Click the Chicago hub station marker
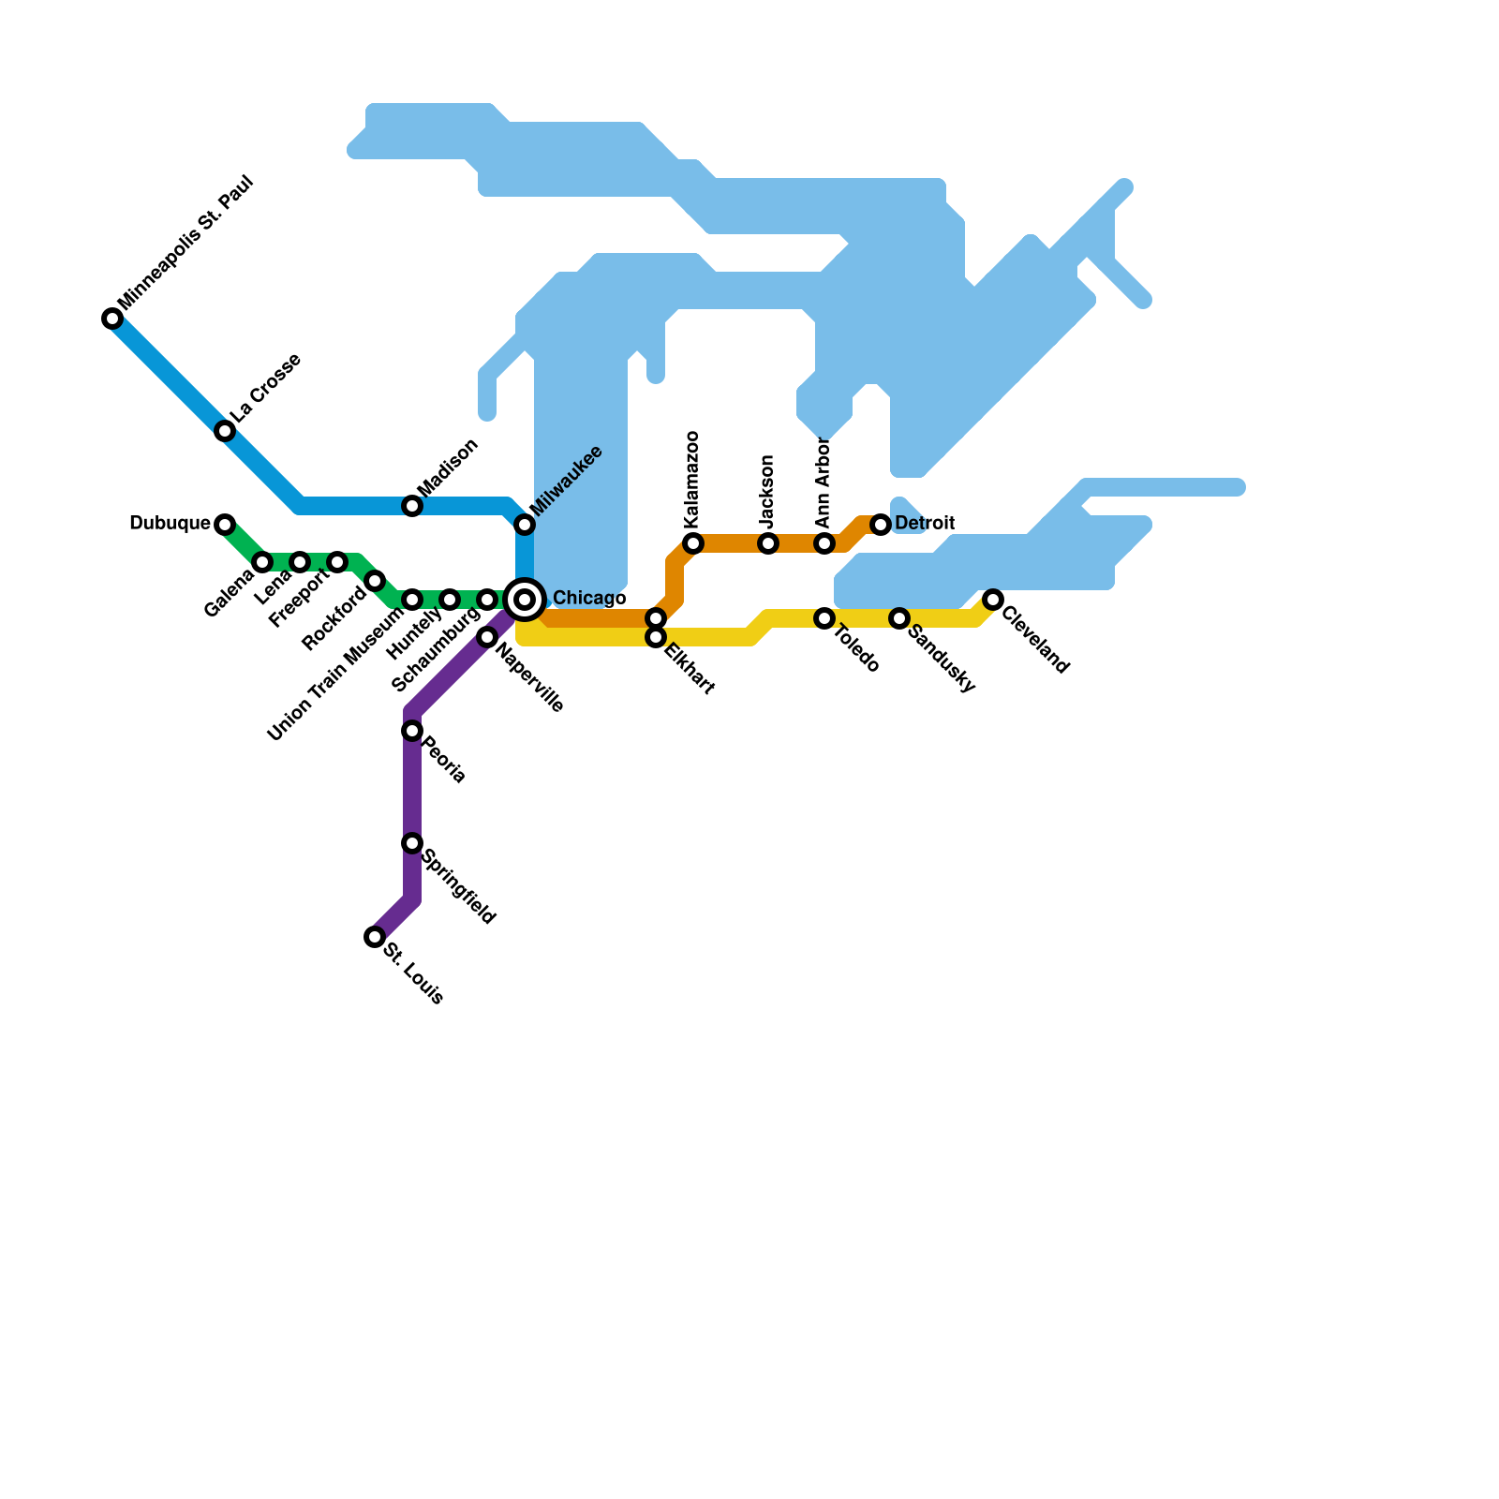525,600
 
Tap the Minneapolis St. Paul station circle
112,319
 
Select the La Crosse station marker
225,431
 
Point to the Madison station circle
412,506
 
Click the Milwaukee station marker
525,525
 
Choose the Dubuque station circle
225,525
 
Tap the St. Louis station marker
375,937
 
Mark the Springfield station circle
412,843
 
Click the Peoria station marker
412,731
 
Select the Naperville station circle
487,637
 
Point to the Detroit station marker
881,525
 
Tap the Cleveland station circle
993,600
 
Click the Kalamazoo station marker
693,543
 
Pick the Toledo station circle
824,618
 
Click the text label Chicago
588,599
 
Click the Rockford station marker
375,581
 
